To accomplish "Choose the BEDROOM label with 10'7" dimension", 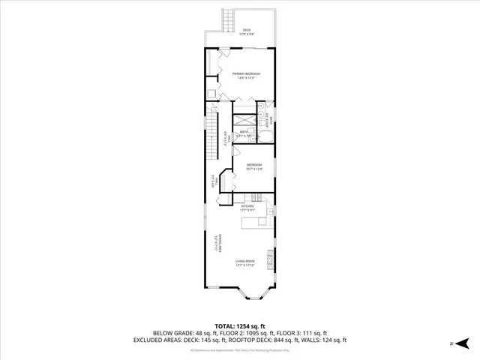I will [254, 166].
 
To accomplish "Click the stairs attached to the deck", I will [228, 19].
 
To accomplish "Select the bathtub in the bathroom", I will [265, 136].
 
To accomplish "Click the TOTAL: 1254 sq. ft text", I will [239, 325].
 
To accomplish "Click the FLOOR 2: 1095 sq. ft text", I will [248, 333].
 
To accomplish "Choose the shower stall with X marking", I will [244, 120].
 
